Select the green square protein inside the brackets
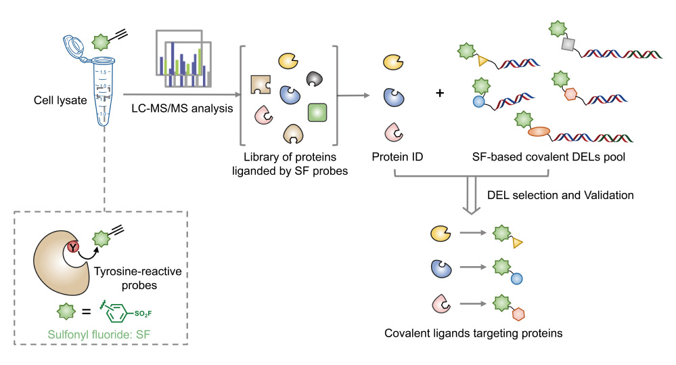[317, 112]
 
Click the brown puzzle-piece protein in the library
[261, 85]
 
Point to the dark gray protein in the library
[316, 79]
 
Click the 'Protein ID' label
[395, 158]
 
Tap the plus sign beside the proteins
[440, 92]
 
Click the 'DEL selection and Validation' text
[560, 195]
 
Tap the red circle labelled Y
[72, 246]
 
